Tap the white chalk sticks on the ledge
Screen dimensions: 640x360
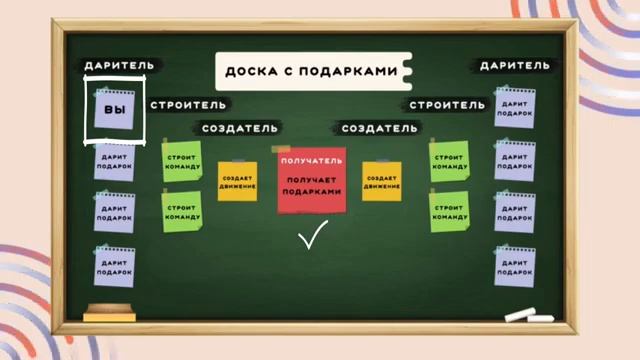(527, 316)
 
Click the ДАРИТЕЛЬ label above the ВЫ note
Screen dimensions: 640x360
(118, 64)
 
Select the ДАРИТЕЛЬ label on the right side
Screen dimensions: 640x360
(513, 65)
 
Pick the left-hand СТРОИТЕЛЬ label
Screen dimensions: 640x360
(188, 104)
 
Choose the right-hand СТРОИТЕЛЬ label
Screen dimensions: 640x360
(447, 104)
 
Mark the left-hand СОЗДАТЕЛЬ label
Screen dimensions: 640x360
(240, 128)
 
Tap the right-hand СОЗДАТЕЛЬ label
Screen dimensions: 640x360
(380, 128)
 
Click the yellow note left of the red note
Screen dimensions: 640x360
(237, 181)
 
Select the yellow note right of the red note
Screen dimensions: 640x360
(381, 181)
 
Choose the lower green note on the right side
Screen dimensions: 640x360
(449, 211)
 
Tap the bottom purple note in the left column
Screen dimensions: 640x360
(114, 265)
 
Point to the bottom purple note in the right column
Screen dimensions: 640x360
(515, 265)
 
